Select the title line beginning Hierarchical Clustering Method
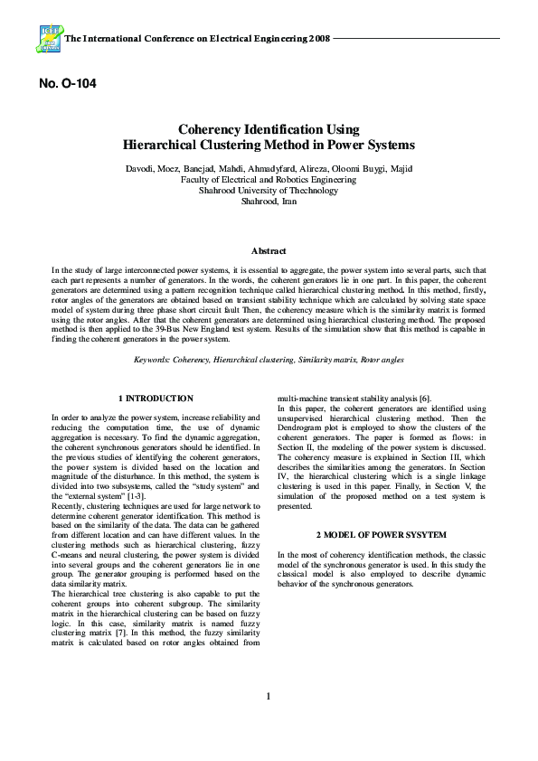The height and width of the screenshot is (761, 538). click(x=269, y=145)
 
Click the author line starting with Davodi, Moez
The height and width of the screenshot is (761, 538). click(x=269, y=169)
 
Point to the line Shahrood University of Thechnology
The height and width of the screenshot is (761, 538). click(x=269, y=191)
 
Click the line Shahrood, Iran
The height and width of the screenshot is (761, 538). click(x=269, y=202)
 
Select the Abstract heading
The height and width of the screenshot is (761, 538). click(x=269, y=251)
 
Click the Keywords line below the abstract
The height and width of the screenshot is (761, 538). click(x=269, y=360)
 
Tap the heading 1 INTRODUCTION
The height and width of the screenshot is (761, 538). click(x=156, y=399)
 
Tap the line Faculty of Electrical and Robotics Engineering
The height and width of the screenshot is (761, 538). click(x=269, y=180)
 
